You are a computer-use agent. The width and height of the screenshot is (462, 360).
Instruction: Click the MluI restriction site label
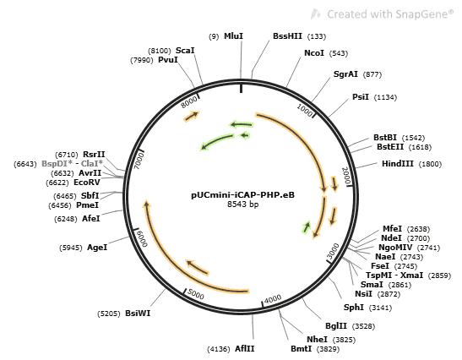[233, 36]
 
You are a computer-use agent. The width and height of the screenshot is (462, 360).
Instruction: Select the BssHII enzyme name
[287, 36]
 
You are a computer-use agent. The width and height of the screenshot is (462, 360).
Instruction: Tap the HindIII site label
[398, 164]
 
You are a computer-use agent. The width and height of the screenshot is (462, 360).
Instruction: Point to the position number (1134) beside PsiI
[385, 97]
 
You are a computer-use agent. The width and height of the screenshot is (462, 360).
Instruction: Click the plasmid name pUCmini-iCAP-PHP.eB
[242, 195]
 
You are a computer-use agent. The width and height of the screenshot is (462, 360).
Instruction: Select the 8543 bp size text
[242, 204]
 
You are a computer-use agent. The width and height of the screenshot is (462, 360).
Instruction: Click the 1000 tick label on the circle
[305, 110]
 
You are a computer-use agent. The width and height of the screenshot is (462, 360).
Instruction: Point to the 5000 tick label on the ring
[195, 294]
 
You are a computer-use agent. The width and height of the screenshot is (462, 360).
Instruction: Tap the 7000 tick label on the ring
[139, 161]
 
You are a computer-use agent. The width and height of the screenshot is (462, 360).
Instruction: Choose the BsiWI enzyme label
[138, 314]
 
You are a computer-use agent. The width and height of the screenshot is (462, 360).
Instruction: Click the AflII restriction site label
[245, 349]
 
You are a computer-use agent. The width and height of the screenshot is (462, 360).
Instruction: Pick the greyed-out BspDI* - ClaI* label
[72, 163]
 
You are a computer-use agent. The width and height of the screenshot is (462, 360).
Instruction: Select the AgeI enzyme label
[97, 248]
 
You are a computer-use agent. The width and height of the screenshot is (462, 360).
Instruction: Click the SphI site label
[354, 308]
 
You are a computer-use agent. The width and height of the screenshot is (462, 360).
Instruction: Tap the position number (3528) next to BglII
[363, 326]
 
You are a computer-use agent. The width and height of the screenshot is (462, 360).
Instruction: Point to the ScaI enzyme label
[185, 51]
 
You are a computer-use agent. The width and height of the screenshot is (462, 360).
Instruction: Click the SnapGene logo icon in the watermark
[316, 14]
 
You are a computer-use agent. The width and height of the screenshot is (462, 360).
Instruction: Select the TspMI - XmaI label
[394, 275]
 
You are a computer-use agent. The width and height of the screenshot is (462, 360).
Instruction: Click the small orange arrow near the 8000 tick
[192, 116]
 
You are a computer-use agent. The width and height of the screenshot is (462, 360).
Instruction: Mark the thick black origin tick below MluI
[242, 88]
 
